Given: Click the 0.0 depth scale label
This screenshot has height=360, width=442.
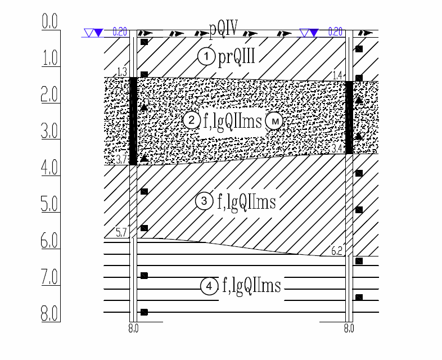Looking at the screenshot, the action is pos(49,21).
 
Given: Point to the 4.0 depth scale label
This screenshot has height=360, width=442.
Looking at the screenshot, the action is pos(49,168).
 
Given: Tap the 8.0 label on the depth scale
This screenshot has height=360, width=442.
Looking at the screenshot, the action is pos(49,313).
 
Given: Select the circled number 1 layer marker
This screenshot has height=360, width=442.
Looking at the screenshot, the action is pos(206,56).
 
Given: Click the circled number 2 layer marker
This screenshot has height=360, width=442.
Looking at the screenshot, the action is pos(192,120).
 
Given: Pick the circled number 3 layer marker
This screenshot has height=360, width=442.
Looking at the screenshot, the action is pos(204,201).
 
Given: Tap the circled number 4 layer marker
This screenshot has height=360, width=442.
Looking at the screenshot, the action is pos(209,286).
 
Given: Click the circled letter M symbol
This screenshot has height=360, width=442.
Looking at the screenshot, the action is pos(274,121).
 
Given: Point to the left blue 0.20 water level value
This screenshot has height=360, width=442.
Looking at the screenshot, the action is pos(120,32).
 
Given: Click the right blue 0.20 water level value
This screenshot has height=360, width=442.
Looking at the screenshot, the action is pos(336,32).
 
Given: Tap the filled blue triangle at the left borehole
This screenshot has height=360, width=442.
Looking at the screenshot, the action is pos(98,33).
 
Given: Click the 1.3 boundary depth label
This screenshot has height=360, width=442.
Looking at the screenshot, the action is pos(122,72).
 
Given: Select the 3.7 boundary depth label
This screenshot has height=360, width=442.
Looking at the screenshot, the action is pos(121,160).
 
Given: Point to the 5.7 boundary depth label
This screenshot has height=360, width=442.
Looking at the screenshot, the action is pos(121,233).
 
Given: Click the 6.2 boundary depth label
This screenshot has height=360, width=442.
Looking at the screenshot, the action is pos(337,251).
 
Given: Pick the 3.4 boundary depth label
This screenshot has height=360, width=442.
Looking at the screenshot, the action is pos(337,148).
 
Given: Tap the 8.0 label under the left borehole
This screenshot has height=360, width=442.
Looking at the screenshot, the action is pos(133,328).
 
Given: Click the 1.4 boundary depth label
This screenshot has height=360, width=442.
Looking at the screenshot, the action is pos(337,75).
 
